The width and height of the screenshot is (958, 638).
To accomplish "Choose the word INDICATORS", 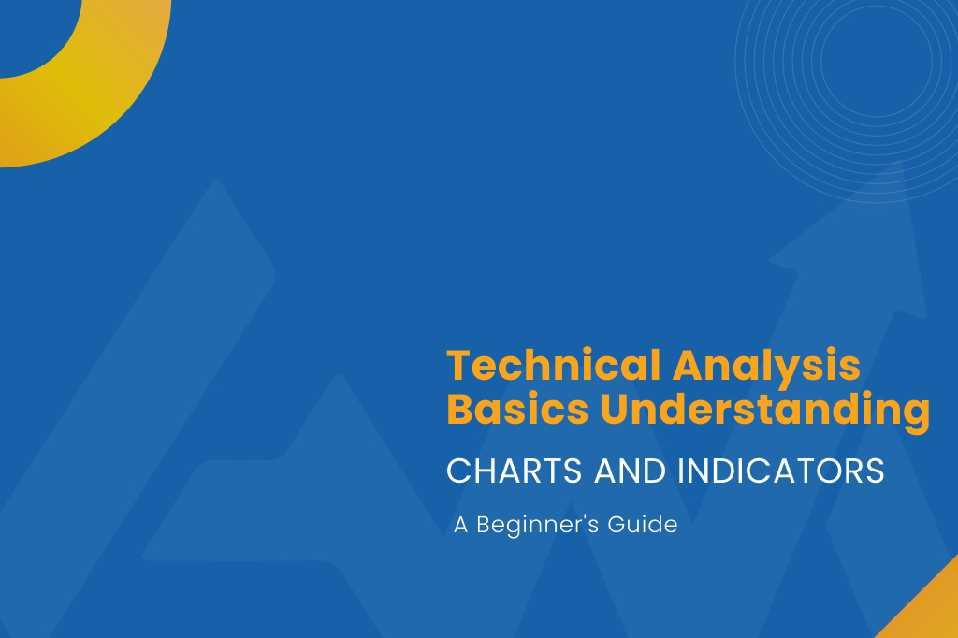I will click(x=781, y=471).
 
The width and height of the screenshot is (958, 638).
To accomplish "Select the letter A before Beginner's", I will click(x=461, y=525).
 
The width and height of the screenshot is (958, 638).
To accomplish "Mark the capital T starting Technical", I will click(x=458, y=365).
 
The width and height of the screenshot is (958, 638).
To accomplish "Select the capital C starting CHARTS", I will click(x=458, y=471).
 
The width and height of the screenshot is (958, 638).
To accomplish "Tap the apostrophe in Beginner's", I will click(x=588, y=517).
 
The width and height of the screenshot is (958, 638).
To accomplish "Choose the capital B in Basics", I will click(x=460, y=410).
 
